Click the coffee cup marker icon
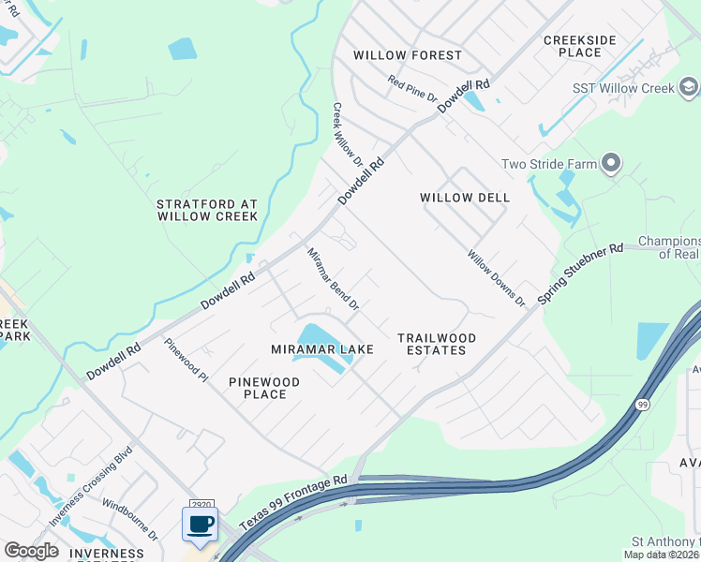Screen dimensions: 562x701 pos(200,525)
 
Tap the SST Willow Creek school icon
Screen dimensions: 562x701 pos(689,88)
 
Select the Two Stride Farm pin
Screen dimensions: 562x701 pos(611,164)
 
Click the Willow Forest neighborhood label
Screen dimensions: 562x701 pos(408,55)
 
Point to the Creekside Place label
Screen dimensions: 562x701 pos(580,46)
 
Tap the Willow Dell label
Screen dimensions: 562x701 pos(465,198)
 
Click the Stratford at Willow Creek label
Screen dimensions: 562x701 pos(206,210)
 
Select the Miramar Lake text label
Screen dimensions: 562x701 pos(322,349)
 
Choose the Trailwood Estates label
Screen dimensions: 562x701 pos(437,344)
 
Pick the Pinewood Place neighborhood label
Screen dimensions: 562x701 pos(264,388)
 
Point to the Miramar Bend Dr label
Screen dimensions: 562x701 pos(334,278)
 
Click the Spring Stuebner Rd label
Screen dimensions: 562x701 pos(581,274)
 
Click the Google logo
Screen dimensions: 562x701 pos(31,551)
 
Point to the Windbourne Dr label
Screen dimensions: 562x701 pos(130,521)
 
